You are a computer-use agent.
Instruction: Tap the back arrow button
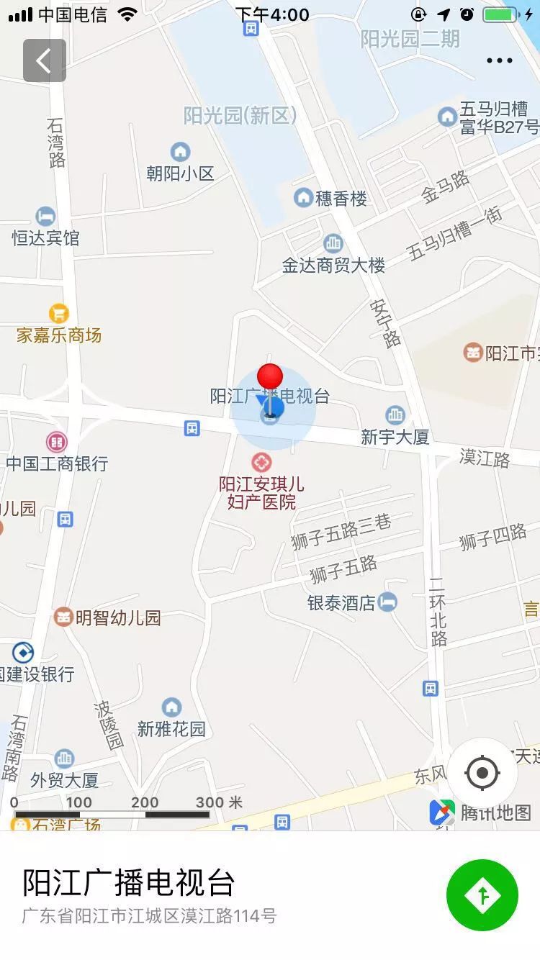tap(44, 60)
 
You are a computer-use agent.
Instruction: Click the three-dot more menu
tap(499, 60)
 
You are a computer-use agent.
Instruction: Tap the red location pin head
tap(270, 376)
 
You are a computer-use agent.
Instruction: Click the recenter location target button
tap(482, 774)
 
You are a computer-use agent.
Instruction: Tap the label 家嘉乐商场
tap(59, 335)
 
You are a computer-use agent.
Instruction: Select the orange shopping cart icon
tap(59, 314)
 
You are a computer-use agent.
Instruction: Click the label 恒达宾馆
tap(45, 238)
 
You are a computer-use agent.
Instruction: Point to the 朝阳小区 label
tap(180, 173)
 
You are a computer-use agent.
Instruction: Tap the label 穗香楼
tap(341, 199)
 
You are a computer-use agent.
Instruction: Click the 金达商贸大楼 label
tap(333, 266)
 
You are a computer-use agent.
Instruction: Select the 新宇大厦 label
tap(395, 437)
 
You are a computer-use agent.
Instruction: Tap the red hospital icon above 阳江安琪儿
tap(261, 462)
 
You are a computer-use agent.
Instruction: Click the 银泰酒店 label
tap(341, 603)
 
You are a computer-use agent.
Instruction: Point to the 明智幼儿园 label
tap(118, 617)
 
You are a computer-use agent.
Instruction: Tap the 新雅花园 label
tap(171, 729)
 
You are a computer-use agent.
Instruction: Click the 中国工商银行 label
tap(57, 463)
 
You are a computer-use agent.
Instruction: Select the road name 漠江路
tap(485, 458)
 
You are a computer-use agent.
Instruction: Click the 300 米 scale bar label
tap(219, 802)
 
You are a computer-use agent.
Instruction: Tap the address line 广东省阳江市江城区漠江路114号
tap(149, 916)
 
